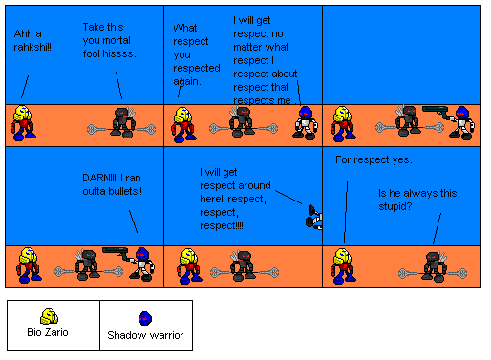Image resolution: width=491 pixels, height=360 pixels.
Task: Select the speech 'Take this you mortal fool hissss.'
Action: click(109, 40)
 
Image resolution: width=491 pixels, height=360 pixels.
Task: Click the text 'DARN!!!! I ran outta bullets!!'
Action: click(113, 185)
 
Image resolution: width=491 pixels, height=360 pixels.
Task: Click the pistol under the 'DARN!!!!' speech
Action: click(115, 252)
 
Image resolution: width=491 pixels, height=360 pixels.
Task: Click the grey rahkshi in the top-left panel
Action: click(119, 124)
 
